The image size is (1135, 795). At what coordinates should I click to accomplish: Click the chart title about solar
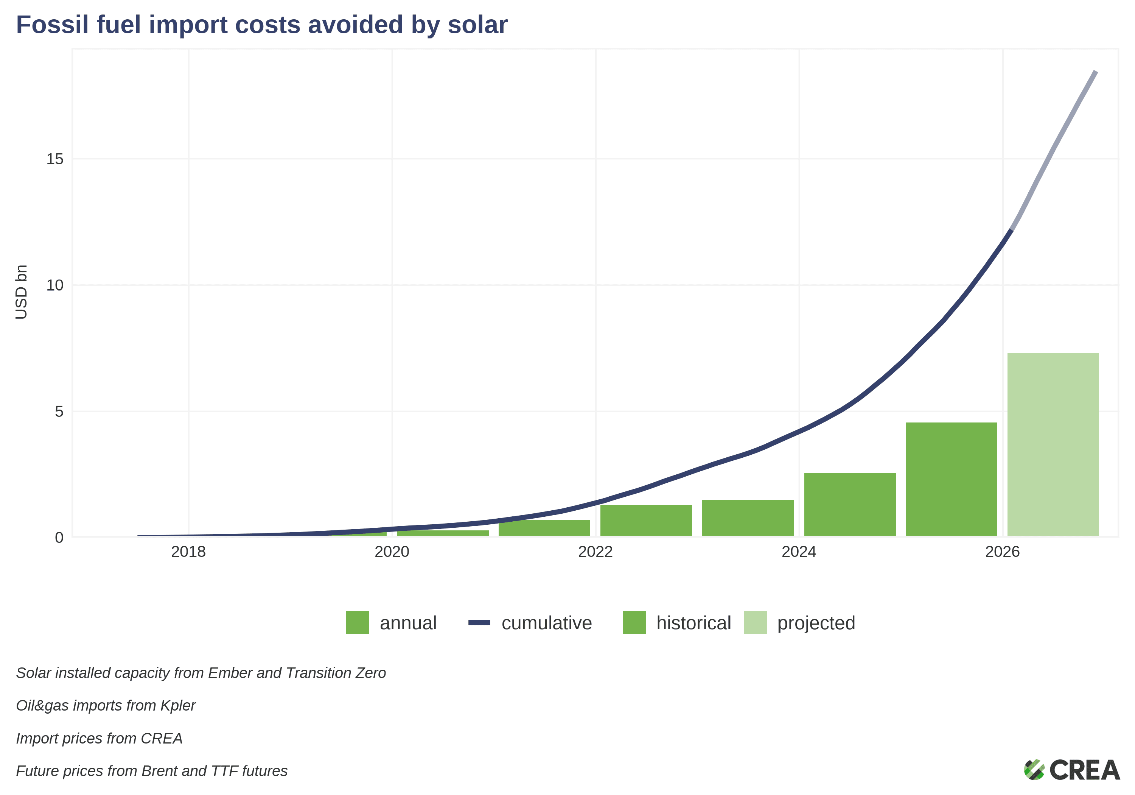[x=262, y=25]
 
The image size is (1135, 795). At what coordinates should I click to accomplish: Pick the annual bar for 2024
[x=850, y=504]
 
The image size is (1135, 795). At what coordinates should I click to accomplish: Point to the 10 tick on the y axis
[x=55, y=285]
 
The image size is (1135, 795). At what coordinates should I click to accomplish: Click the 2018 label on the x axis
[x=188, y=552]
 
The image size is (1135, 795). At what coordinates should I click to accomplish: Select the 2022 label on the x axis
[x=595, y=552]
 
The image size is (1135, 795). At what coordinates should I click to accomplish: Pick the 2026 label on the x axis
[x=1002, y=552]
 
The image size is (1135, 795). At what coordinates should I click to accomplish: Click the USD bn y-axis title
[x=21, y=292]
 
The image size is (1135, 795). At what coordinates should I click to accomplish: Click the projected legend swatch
[x=756, y=622]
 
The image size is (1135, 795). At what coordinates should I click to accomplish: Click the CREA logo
[x=1072, y=769]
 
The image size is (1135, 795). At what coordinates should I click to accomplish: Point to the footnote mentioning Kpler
[x=106, y=705]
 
